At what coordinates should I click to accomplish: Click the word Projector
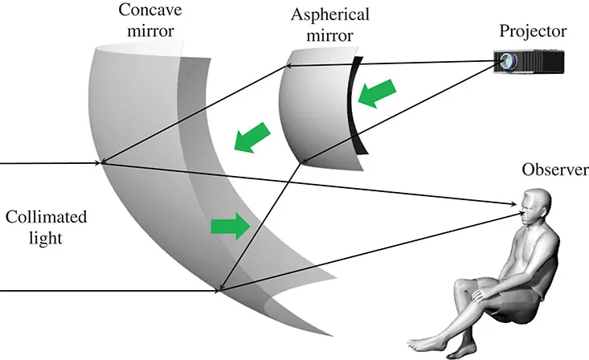(533, 32)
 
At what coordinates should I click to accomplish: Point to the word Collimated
(45, 218)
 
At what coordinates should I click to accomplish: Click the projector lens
(505, 60)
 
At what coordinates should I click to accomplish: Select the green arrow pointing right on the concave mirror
(230, 227)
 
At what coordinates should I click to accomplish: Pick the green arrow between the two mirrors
(250, 137)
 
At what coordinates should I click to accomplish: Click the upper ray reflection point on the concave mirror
(102, 163)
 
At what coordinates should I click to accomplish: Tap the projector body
(542, 62)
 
